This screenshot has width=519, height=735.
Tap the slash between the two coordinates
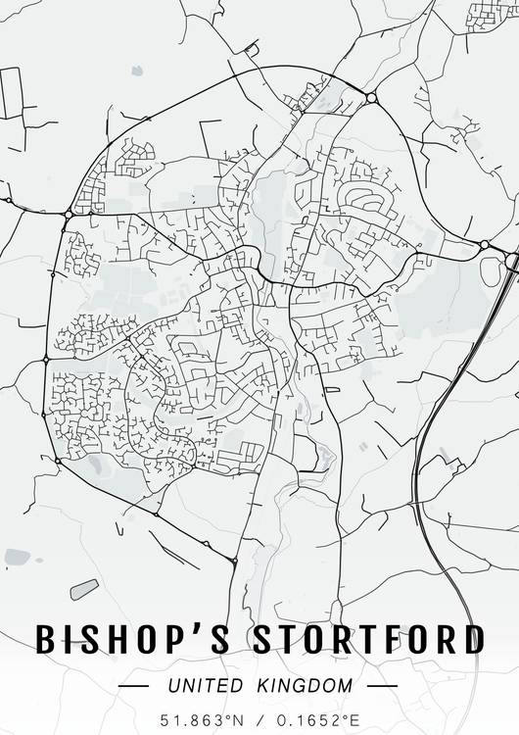tap(259, 719)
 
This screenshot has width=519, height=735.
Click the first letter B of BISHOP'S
tap(47, 639)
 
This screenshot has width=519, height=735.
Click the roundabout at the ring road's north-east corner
tap(371, 97)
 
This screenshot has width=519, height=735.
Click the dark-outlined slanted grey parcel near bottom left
tap(84, 589)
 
